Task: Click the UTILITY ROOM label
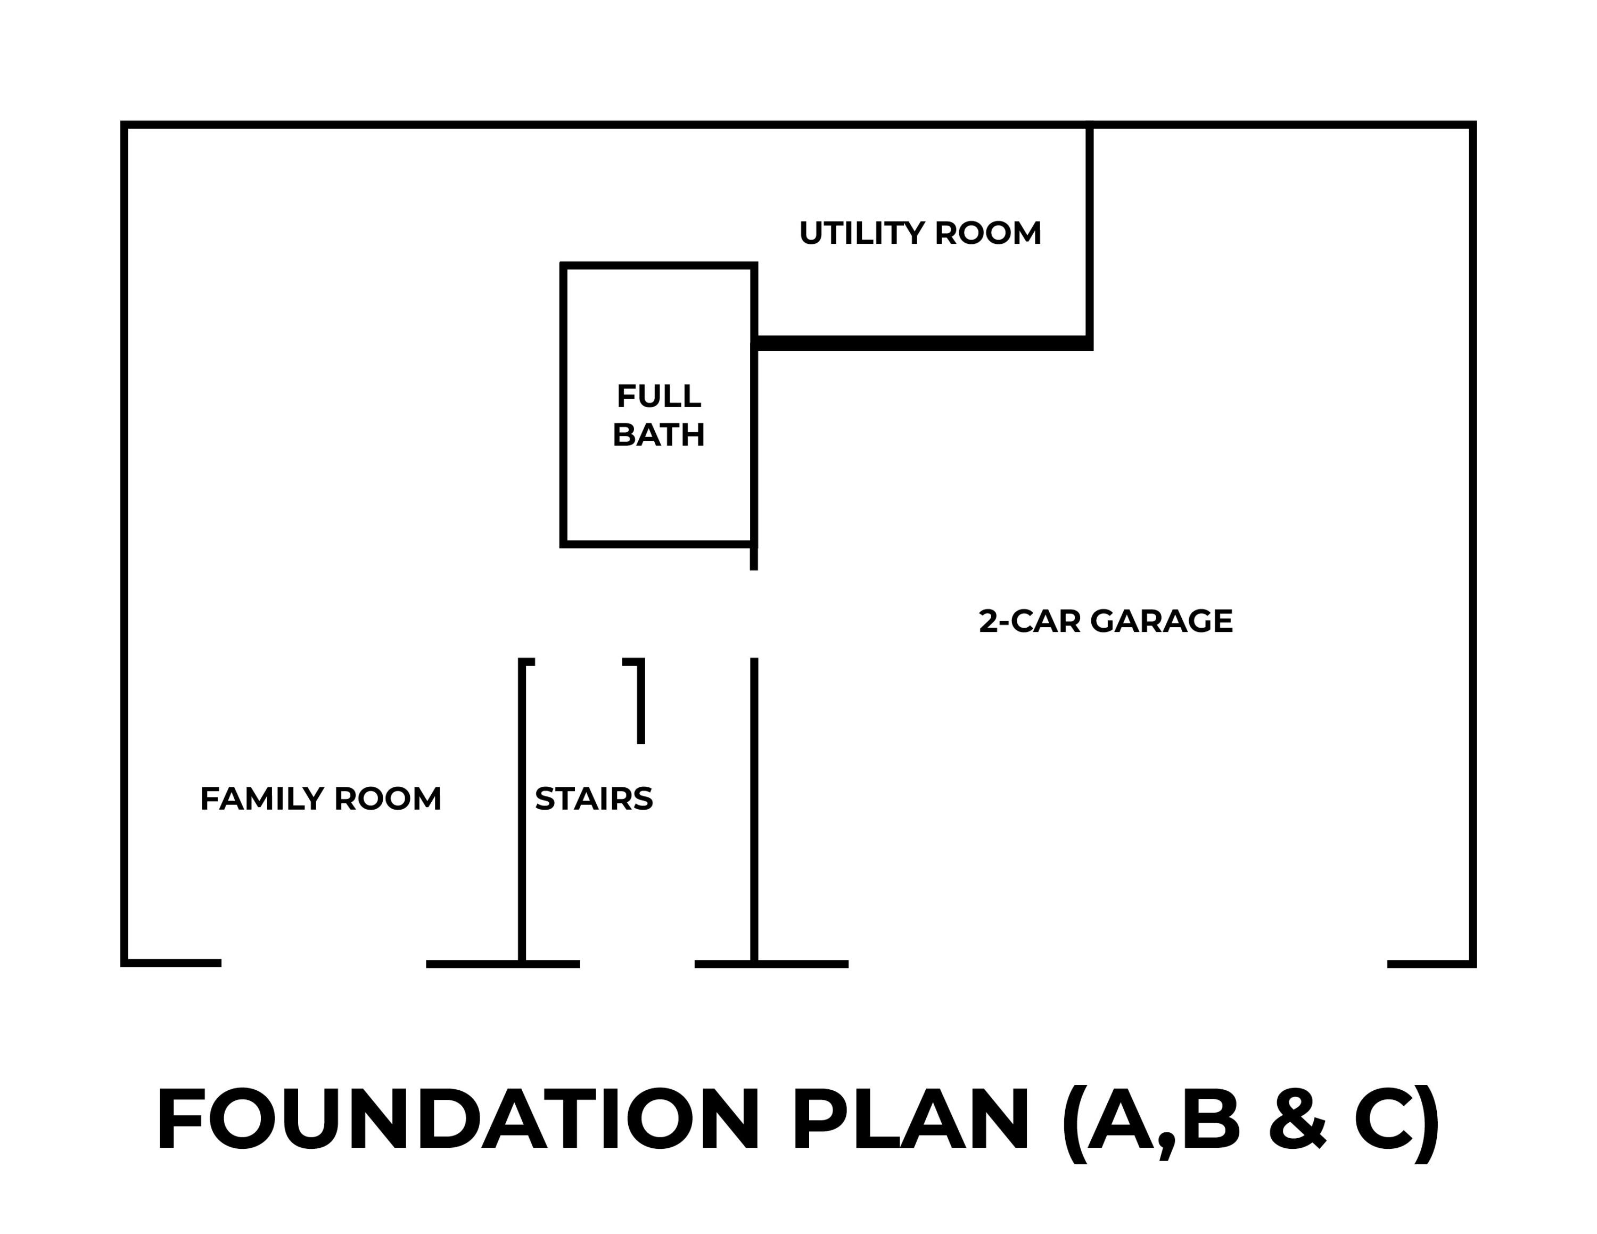click(920, 233)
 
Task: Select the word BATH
click(659, 435)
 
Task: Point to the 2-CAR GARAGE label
click(1106, 621)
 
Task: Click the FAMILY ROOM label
click(321, 799)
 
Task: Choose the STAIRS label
click(594, 799)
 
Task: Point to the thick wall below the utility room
click(923, 343)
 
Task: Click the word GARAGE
click(1162, 621)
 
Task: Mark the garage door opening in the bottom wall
click(1118, 964)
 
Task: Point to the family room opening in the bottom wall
click(324, 964)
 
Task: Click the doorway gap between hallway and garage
click(754, 614)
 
